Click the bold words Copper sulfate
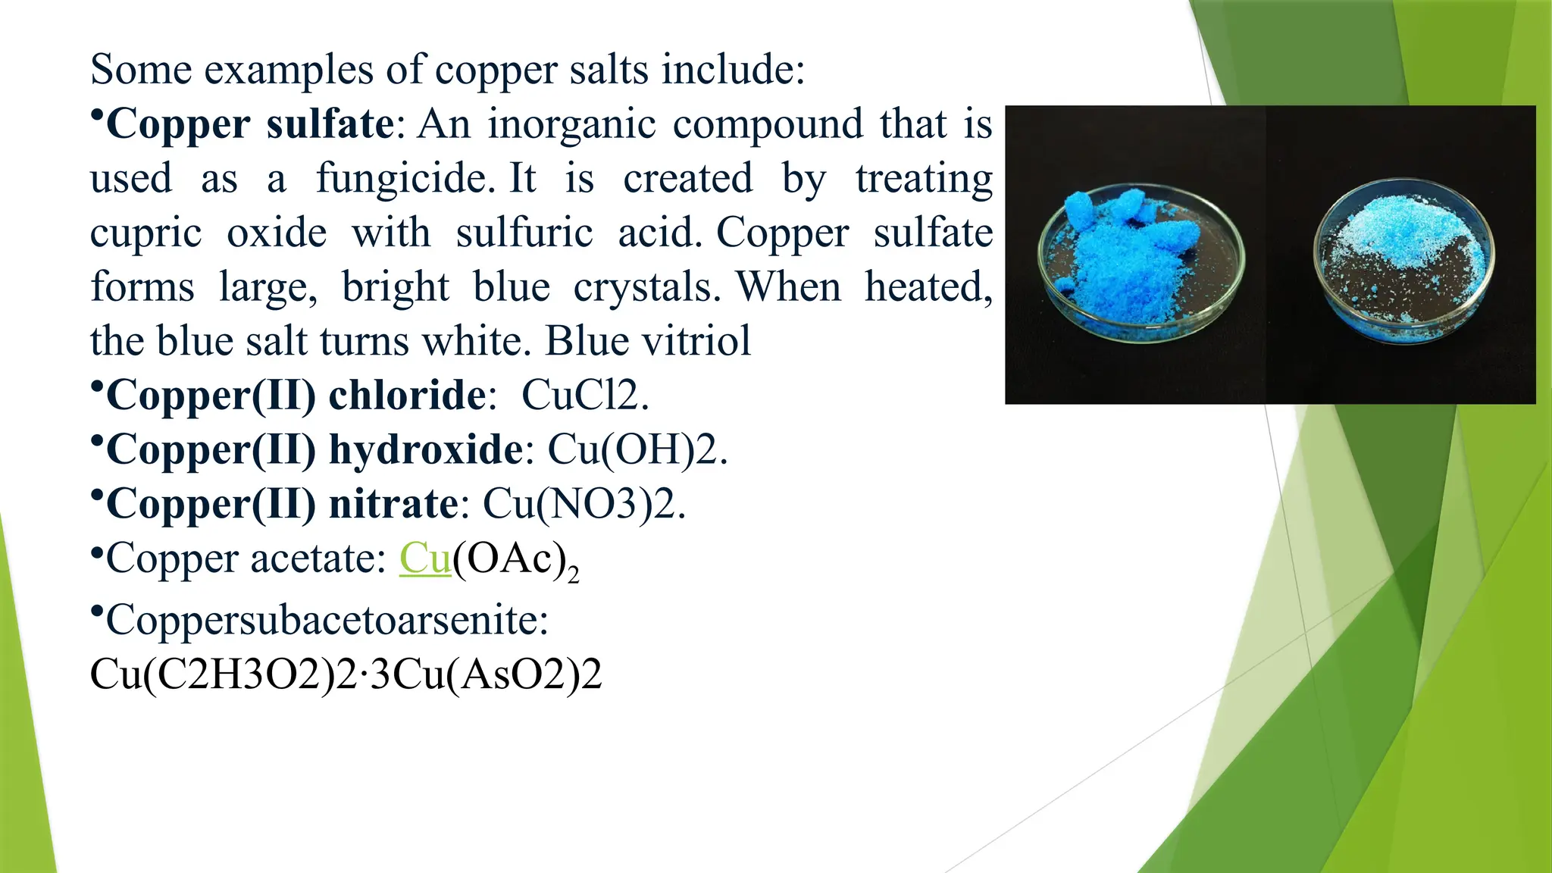(250, 124)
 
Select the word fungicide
(401, 180)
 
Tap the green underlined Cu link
(425, 559)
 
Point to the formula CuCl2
(584, 395)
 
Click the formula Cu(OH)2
(637, 449)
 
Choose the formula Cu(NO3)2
(584, 504)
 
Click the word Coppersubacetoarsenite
(327, 621)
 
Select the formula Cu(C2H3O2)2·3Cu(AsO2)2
(346, 674)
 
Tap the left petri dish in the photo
(1141, 261)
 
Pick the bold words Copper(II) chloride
(296, 395)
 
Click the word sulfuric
(524, 233)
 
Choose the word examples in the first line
(288, 70)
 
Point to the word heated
(928, 287)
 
